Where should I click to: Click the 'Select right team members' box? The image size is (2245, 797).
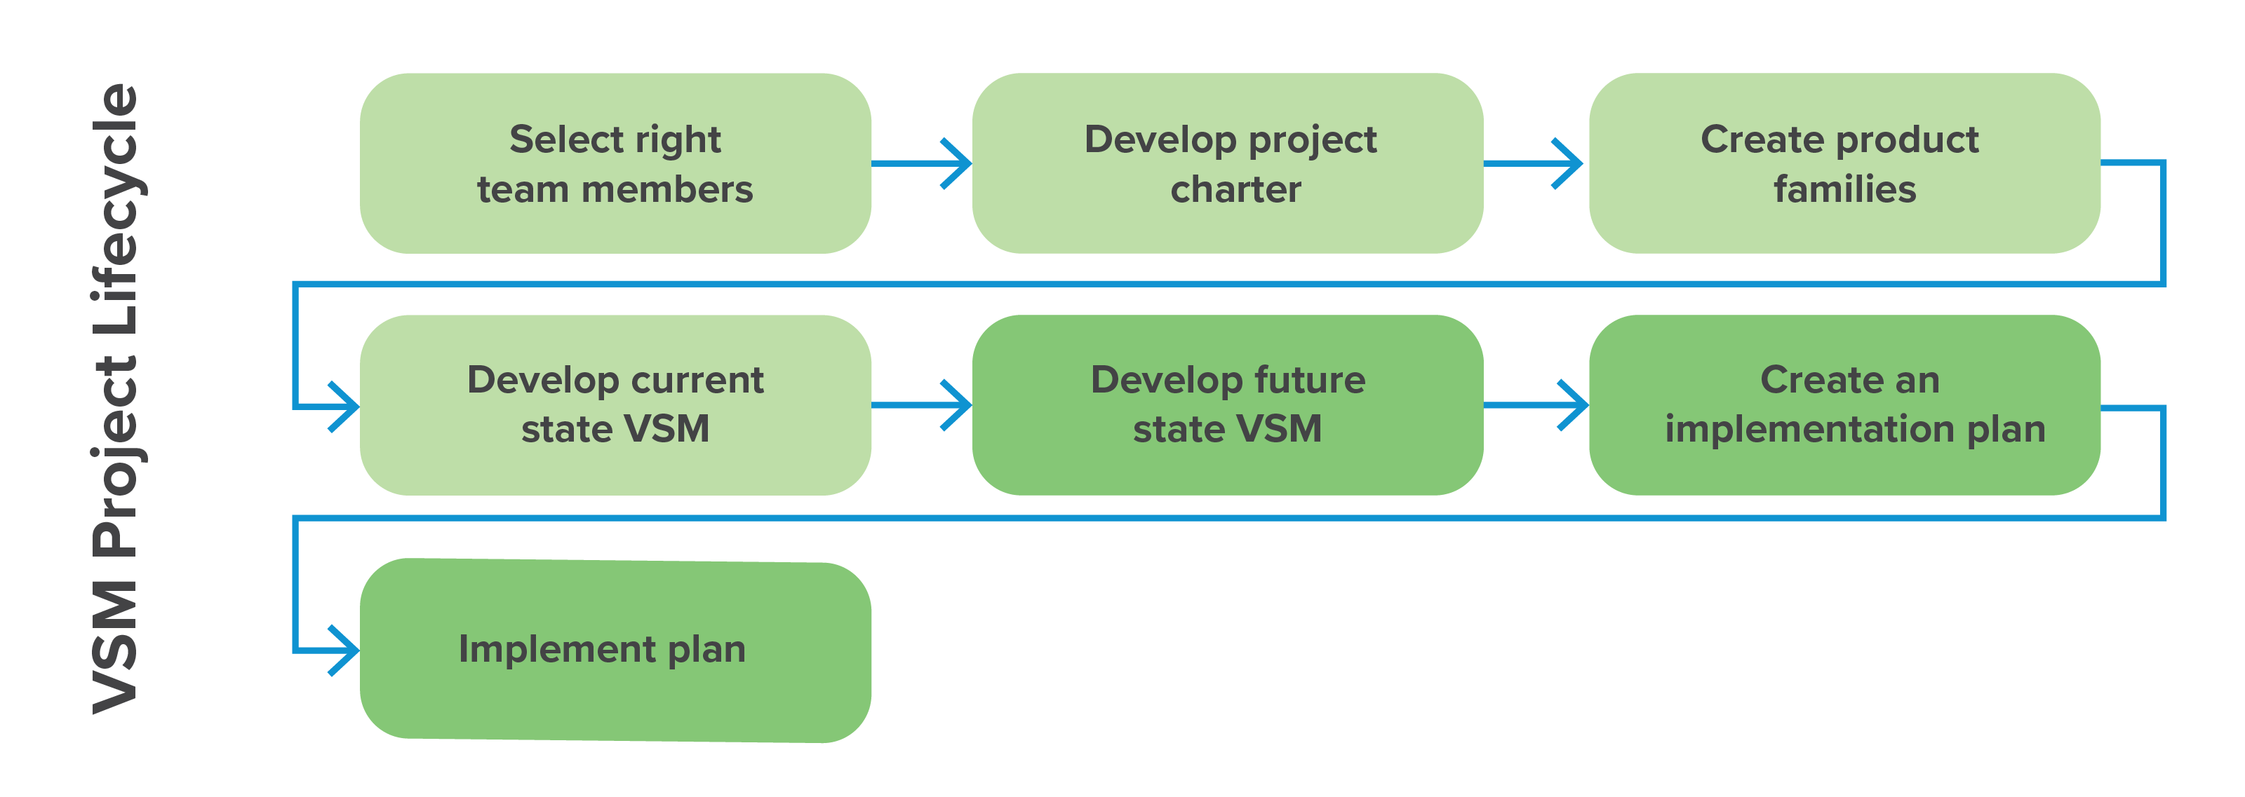(615, 164)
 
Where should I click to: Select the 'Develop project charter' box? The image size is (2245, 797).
(1227, 164)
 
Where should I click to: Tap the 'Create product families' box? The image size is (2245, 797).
(1844, 164)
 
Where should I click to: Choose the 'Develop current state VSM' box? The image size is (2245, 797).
(615, 405)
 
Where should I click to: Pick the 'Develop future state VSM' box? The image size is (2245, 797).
(1227, 405)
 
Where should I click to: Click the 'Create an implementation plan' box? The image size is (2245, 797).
(1844, 405)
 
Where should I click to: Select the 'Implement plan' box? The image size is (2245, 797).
(615, 650)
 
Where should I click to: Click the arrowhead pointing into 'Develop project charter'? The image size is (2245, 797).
(958, 163)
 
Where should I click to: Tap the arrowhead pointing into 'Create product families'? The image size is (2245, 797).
(1571, 163)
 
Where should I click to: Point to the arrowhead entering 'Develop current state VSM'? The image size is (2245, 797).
(346, 407)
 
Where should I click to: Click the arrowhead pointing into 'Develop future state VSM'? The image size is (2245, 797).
(958, 404)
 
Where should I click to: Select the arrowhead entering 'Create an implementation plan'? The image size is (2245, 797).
(1575, 404)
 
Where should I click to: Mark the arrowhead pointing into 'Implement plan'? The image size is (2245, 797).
(346, 650)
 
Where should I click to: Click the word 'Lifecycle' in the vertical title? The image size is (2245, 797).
(116, 209)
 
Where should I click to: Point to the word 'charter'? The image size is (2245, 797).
(1235, 189)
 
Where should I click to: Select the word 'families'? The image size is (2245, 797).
(1844, 189)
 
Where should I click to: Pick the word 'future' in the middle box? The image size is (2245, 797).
(1309, 380)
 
